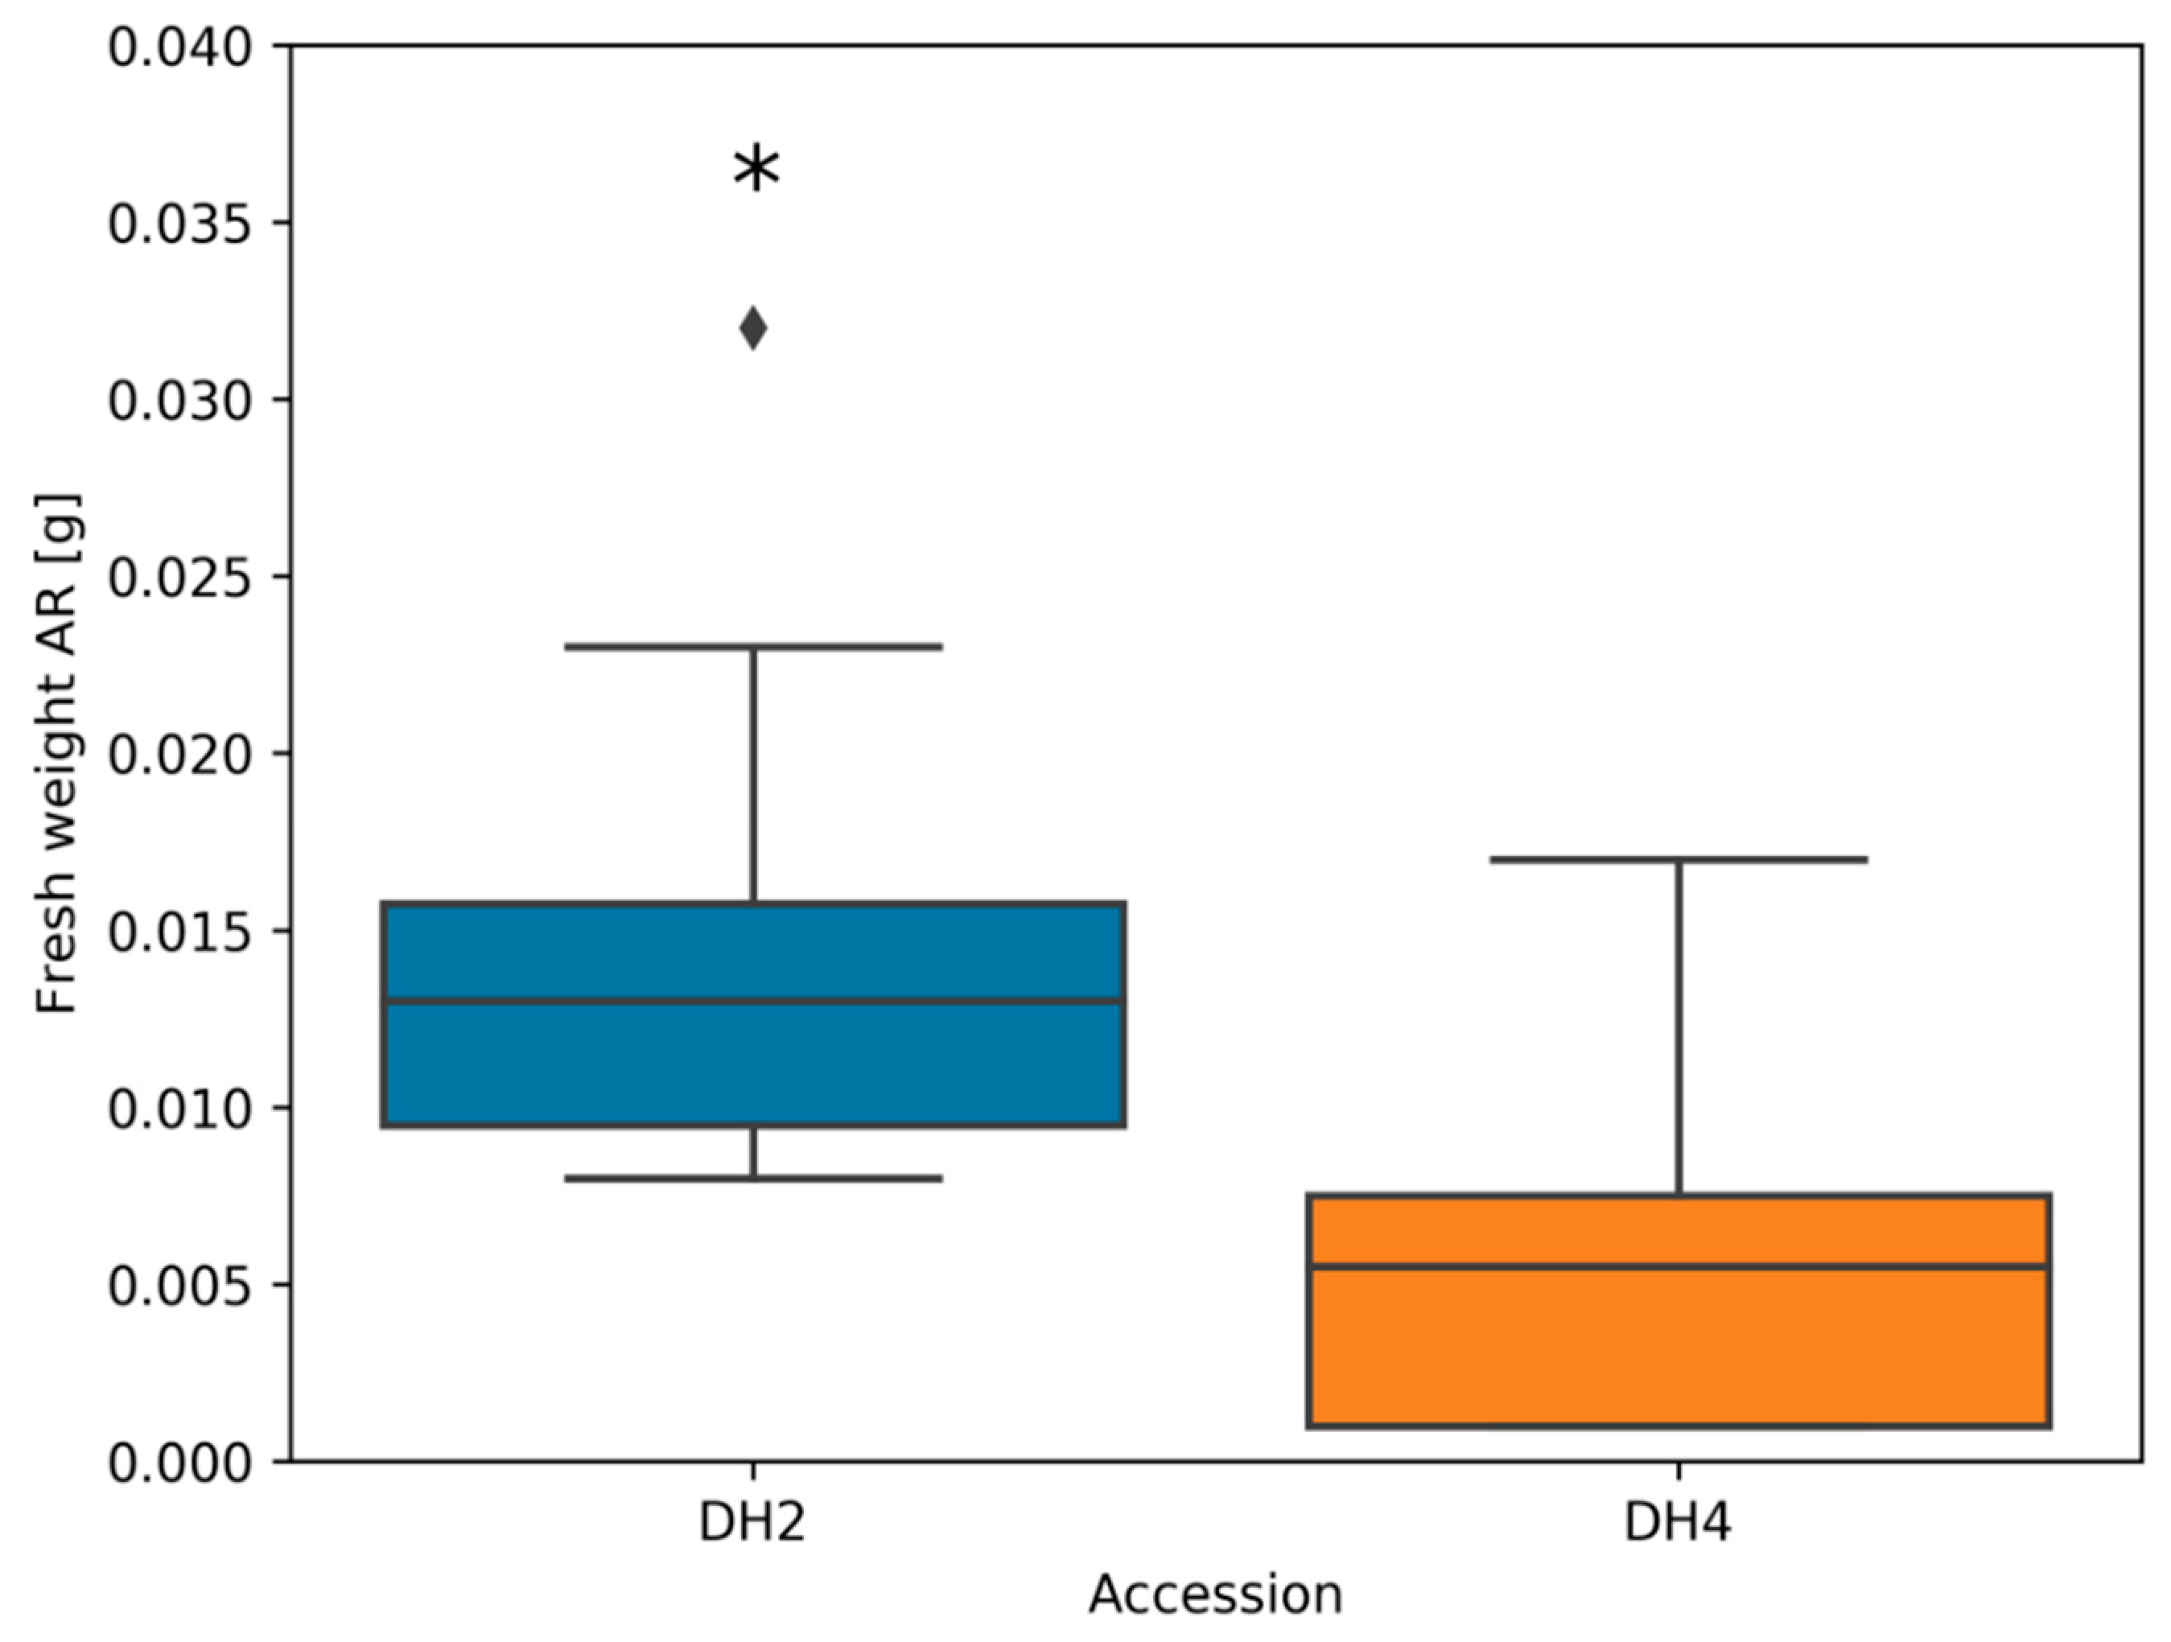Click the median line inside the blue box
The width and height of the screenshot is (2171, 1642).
[753, 1001]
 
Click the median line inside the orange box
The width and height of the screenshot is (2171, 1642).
[1679, 1267]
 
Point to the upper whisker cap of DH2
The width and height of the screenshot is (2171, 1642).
[753, 647]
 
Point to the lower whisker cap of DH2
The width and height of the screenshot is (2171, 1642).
[753, 1179]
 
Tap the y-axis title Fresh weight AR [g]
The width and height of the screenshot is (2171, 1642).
[57, 754]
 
